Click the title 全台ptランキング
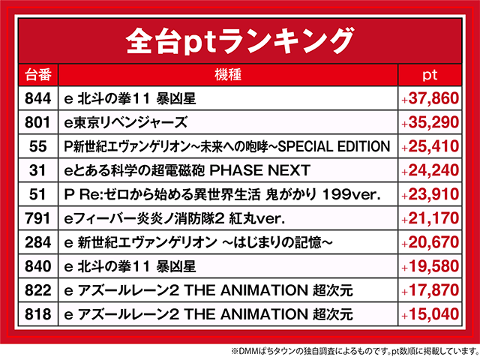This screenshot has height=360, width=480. tap(240, 38)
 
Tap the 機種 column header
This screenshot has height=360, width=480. tap(226, 75)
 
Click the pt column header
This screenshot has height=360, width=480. tap(430, 75)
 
